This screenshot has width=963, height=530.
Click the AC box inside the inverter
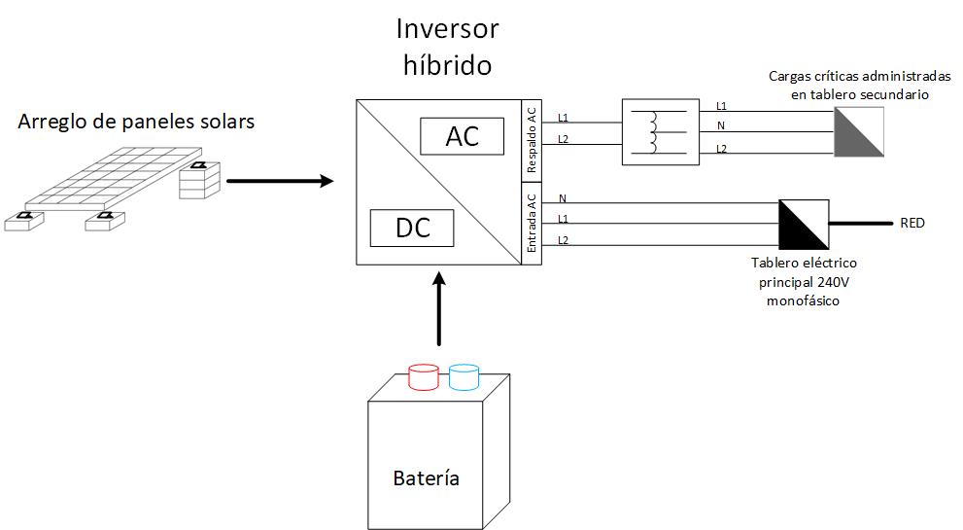coord(463,136)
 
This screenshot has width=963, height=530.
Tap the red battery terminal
coord(423,376)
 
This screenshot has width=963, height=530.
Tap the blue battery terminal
coord(464,376)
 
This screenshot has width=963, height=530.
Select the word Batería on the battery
coord(426,477)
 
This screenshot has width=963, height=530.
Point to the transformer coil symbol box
coord(660,131)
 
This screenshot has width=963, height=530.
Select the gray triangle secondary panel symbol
coord(858,131)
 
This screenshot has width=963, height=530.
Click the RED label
coord(912,224)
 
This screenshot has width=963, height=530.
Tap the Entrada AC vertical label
coord(531,223)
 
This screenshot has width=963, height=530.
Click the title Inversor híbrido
coord(447,47)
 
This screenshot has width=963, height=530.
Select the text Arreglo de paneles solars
coord(136,122)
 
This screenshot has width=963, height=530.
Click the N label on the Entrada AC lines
coord(563,199)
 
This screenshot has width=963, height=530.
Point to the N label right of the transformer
coord(720,125)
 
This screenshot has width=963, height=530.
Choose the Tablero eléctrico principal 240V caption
coord(805,282)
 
